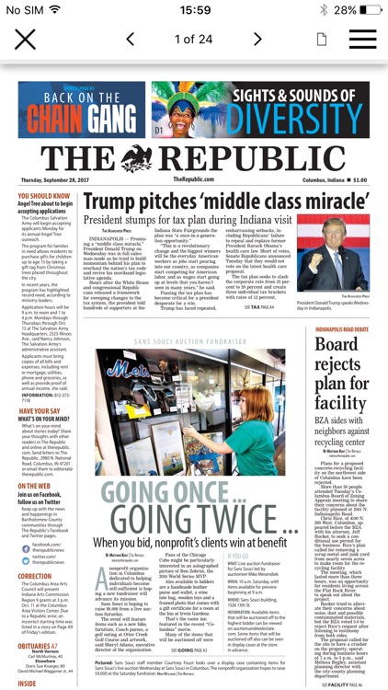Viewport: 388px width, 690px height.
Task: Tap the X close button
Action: (25, 40)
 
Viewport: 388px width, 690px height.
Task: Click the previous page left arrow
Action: (131, 40)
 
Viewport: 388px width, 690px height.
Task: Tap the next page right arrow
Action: (258, 40)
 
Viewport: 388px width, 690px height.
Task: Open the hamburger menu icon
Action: (362, 40)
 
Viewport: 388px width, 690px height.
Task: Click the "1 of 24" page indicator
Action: (194, 40)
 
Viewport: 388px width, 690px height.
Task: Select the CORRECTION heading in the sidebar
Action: (36, 576)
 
